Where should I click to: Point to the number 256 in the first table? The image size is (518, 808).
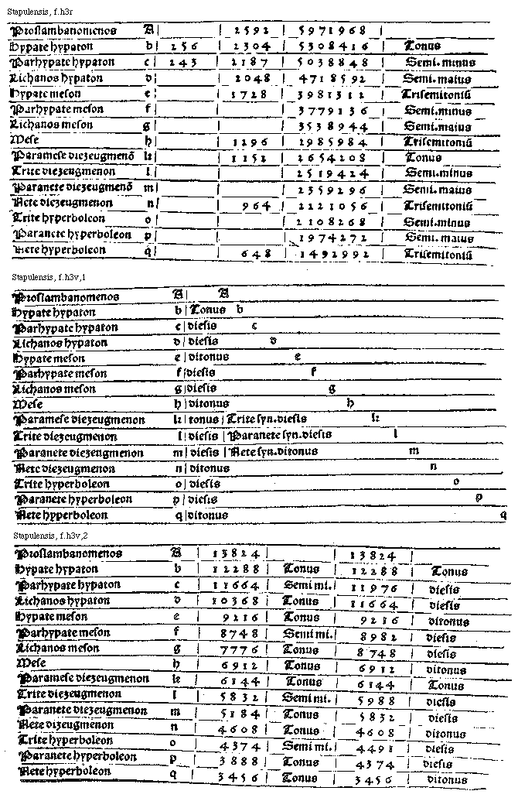(x=186, y=46)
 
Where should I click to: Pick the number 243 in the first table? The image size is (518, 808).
(x=185, y=63)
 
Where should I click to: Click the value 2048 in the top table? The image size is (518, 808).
(x=250, y=78)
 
